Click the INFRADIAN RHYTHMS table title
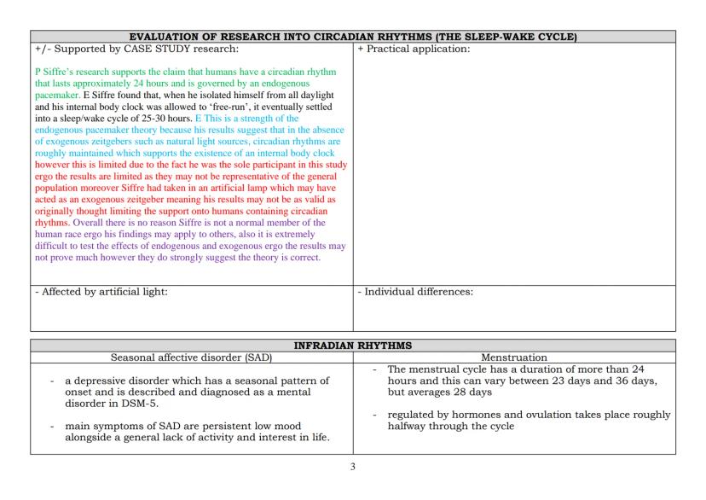coord(352,346)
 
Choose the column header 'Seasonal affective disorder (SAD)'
coord(192,358)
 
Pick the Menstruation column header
coord(514,358)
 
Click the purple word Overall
coord(93,223)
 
